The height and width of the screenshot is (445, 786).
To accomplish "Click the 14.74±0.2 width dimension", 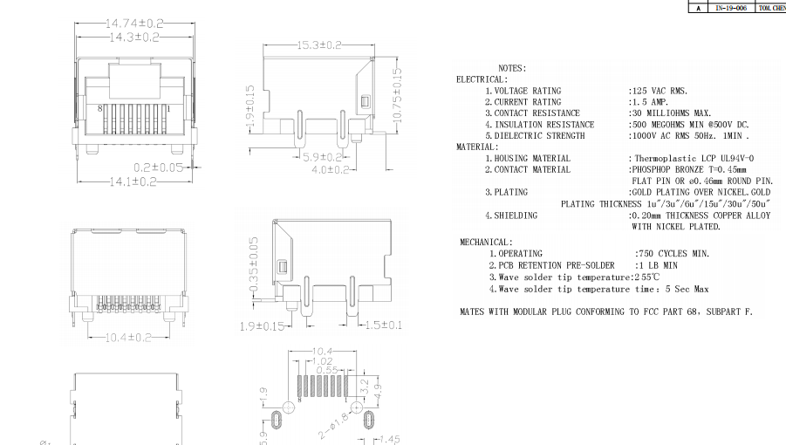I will coord(134,23).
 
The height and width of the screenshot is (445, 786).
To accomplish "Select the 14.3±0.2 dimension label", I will coord(134,38).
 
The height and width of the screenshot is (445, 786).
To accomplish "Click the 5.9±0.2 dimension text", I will coord(321,157).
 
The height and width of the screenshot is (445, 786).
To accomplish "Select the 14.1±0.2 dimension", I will coord(132,181).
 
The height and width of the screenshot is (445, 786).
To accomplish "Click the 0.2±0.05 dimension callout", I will coord(158,167).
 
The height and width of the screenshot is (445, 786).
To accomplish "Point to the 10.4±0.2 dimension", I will coord(128,337).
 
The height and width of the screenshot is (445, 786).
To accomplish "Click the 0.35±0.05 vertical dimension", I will coord(254,264).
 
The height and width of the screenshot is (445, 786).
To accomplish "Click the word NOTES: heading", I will coord(512,68).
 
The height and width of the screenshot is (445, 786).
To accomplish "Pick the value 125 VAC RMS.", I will coord(659,91).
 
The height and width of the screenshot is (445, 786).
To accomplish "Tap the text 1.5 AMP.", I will coord(650,102).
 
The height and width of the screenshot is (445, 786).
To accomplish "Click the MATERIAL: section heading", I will coord(477,147).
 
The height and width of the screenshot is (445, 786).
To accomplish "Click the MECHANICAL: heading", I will coord(486,242).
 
